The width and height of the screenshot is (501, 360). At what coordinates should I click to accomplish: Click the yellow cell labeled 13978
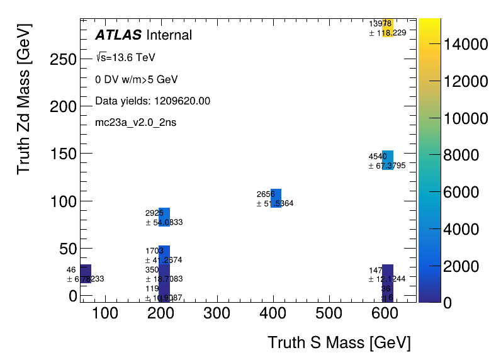click(x=388, y=28)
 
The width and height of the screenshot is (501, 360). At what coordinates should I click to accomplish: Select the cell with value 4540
click(x=388, y=160)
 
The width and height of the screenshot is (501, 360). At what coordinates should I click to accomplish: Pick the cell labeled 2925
click(x=164, y=217)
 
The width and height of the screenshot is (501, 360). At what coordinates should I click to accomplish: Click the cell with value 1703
click(x=164, y=255)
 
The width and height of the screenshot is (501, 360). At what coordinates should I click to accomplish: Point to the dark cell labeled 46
click(x=86, y=274)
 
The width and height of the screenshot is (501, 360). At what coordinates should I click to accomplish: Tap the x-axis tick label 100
click(x=104, y=312)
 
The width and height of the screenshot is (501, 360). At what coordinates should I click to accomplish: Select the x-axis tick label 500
click(x=328, y=312)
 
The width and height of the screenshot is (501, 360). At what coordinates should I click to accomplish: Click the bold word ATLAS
click(x=118, y=35)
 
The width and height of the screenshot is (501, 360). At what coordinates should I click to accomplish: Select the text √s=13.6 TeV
click(x=125, y=58)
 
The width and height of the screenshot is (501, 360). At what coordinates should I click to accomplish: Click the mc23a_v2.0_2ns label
click(x=135, y=122)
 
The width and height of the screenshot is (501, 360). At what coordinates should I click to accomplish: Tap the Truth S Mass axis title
click(x=339, y=343)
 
